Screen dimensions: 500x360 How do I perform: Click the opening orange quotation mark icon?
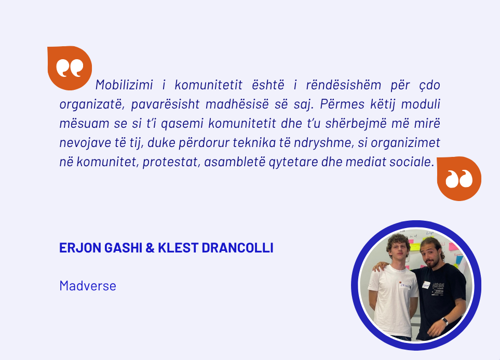[70, 68]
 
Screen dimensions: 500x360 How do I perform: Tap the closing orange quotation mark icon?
[459, 178]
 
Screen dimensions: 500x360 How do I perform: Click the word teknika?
[254, 143]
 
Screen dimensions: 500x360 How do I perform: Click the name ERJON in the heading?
[80, 248]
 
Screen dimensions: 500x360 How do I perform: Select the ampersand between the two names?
[150, 248]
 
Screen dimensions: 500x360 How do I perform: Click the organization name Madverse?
[88, 286]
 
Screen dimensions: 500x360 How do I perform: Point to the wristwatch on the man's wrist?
[445, 321]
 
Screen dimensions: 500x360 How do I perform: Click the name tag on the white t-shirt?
[404, 285]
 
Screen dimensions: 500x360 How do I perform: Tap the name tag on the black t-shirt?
[426, 285]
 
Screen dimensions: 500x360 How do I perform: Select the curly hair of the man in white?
[398, 243]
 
